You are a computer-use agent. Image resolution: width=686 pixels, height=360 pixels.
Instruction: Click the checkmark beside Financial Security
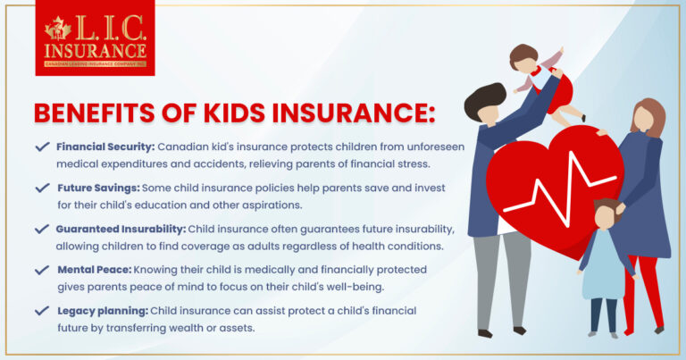pos(41,147)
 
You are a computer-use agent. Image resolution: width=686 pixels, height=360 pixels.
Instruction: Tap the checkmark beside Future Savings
pos(41,188)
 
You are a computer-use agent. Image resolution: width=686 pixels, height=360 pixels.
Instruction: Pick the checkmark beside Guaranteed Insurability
pos(41,229)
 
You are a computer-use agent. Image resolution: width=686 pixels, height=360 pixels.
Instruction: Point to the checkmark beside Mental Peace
pos(41,270)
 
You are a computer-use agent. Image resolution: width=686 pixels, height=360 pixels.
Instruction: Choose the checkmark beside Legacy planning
pos(41,311)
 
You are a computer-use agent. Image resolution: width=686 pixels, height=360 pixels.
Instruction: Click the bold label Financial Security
pos(105,147)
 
